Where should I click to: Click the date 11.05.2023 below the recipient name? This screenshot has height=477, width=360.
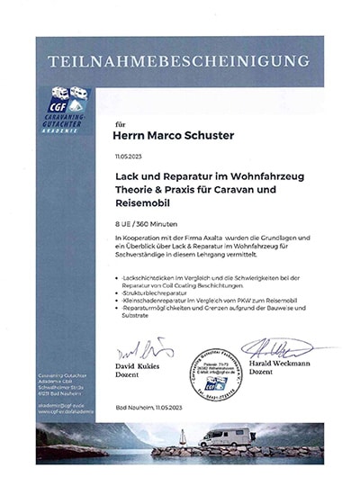point(129,156)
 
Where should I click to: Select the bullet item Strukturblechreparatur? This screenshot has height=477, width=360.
point(152,293)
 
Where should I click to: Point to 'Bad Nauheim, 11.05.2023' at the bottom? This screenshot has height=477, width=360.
point(150,409)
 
